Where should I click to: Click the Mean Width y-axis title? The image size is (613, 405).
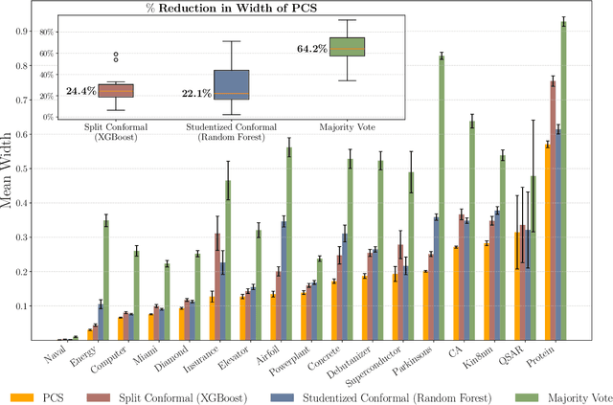[15, 181]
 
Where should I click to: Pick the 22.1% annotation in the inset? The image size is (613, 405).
[197, 94]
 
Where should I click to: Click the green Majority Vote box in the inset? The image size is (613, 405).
[347, 47]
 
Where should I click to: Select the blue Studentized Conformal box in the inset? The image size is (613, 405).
[231, 84]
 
